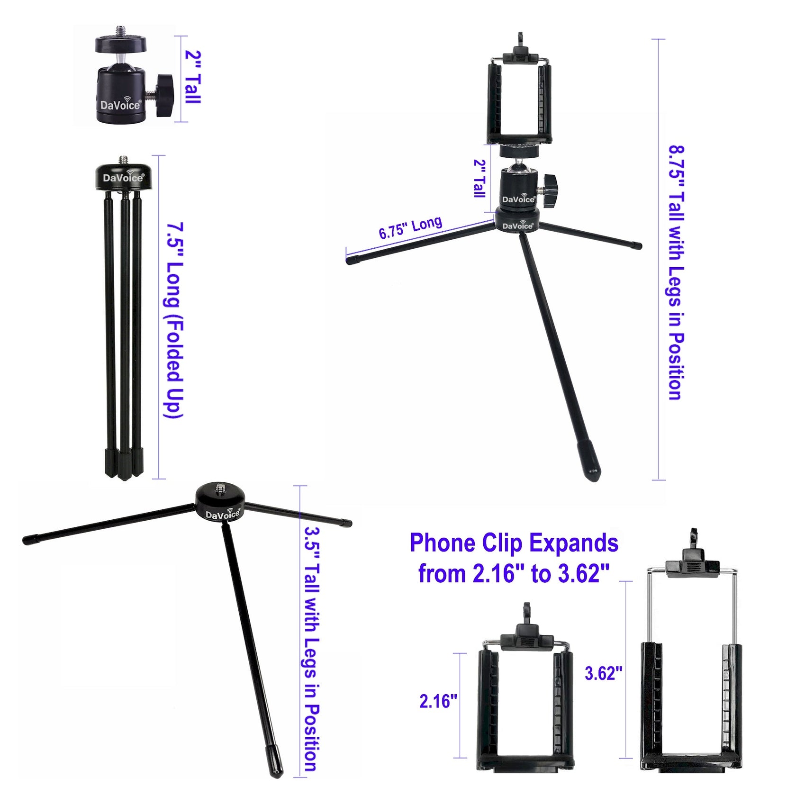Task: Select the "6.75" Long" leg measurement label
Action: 410,227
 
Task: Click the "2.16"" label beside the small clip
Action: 438,701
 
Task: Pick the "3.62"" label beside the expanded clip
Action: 603,673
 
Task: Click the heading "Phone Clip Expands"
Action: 514,543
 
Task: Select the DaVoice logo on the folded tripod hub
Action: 123,178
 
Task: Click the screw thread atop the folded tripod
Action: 124,160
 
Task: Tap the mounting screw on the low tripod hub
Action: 221,488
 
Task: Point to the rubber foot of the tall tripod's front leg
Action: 589,461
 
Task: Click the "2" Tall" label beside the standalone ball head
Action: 193,77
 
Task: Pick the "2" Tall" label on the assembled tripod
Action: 480,178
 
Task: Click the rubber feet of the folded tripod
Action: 123,463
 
